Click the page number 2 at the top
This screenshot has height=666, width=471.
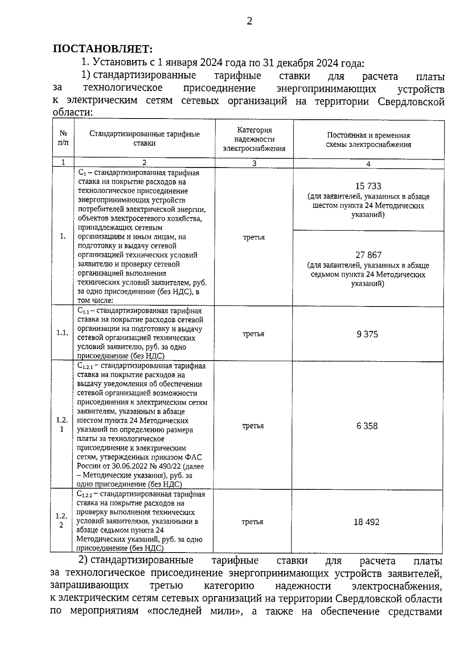249,22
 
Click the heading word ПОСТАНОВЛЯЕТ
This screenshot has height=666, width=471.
102,49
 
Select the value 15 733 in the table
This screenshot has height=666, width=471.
368,186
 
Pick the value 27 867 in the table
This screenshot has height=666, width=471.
369,255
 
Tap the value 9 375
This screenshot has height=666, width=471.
367,334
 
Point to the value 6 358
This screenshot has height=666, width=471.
367,426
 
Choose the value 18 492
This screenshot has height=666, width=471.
367,522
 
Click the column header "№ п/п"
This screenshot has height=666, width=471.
63,138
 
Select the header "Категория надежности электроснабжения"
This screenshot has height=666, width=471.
254,139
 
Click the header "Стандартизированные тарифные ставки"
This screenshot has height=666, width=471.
144,139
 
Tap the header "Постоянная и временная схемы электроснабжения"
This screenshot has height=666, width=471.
369,140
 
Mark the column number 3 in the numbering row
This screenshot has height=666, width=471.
254,164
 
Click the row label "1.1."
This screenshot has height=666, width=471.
62,333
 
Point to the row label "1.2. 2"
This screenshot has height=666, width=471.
61,520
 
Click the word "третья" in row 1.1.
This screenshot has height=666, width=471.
253,334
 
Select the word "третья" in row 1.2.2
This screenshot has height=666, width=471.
252,522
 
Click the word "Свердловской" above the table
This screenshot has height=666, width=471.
411,102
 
